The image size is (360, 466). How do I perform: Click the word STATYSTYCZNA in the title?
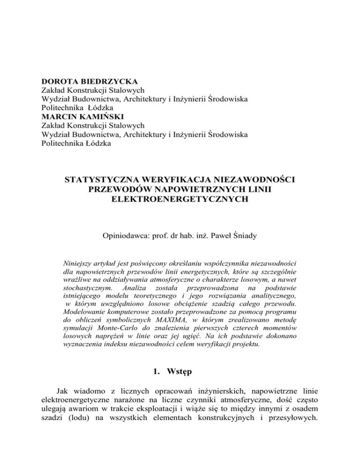(x=105, y=180)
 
